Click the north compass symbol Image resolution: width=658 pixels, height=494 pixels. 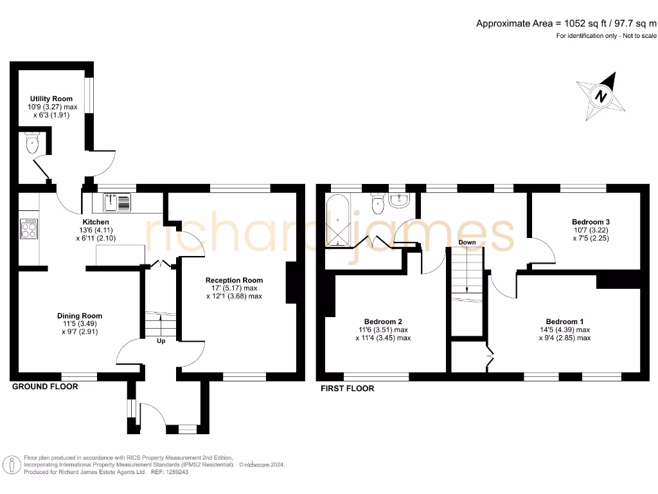[x=601, y=97]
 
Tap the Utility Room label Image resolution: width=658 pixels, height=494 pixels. [x=51, y=98]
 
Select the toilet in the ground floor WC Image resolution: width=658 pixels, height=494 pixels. [x=33, y=144]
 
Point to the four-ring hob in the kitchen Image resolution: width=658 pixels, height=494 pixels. [x=30, y=228]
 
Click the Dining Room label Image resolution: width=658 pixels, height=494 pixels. [x=80, y=316]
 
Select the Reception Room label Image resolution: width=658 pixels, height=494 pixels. [x=234, y=280]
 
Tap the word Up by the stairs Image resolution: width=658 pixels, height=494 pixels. [x=161, y=341]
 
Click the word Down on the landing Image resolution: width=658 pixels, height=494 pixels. [x=467, y=242]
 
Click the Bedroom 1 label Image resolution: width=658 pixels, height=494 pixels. [x=565, y=322]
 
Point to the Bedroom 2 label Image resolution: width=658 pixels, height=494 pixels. [x=383, y=322]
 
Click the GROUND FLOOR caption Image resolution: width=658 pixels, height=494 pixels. [x=45, y=387]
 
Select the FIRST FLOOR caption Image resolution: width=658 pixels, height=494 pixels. [x=347, y=389]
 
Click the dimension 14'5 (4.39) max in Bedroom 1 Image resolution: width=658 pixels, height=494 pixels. [x=565, y=330]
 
